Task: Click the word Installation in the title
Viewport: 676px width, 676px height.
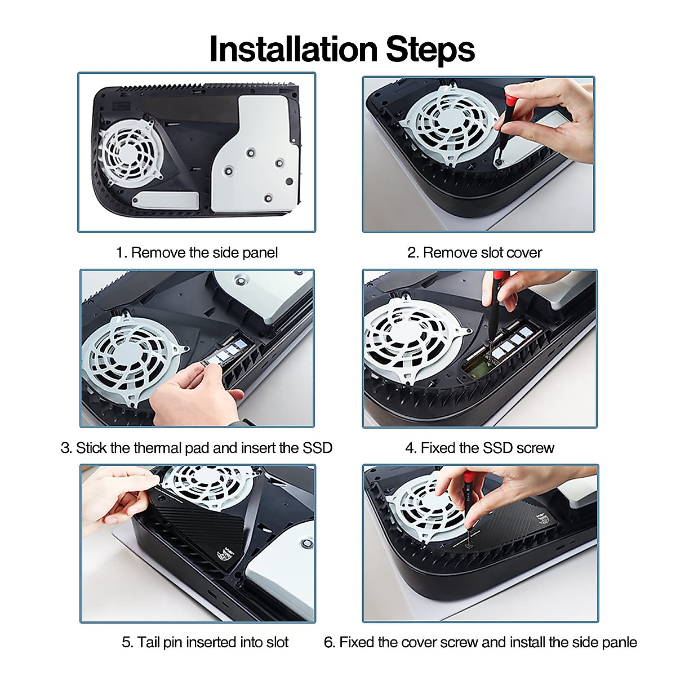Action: click(x=293, y=49)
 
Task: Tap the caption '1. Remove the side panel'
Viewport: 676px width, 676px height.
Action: click(x=197, y=252)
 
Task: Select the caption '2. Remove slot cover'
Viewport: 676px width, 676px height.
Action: click(x=474, y=252)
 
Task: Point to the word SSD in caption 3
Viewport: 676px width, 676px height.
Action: click(x=317, y=448)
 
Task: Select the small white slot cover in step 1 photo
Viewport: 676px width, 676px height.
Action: click(x=165, y=201)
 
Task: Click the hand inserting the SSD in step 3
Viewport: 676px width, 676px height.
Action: click(x=197, y=395)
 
